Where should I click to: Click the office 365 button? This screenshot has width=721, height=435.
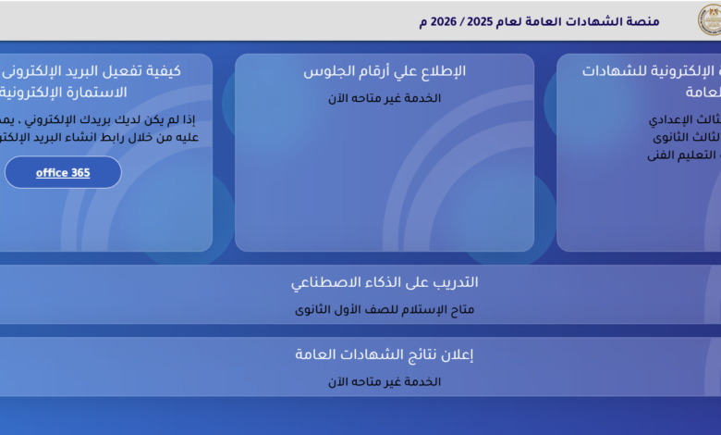coord(63,172)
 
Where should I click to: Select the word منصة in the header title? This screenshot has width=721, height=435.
coord(642,20)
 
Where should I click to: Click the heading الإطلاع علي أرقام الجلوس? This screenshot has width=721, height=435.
coord(385,71)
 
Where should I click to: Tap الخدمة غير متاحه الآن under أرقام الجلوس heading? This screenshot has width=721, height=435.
coord(385,98)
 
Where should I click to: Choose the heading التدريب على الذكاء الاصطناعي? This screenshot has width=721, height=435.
coord(385,282)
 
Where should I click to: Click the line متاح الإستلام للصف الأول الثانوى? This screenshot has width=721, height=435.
coord(385,310)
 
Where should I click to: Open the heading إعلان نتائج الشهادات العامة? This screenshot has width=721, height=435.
coord(385,354)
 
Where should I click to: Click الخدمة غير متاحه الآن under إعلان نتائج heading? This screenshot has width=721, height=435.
coord(385,381)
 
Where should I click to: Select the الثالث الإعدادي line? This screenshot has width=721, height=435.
coord(684,119)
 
